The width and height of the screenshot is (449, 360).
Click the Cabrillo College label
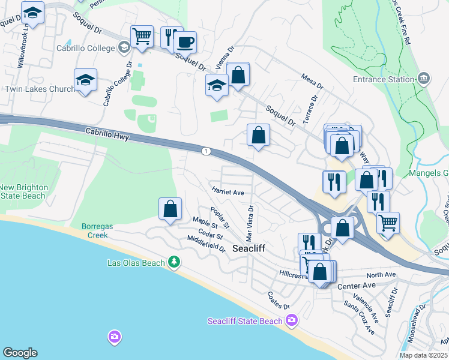85,48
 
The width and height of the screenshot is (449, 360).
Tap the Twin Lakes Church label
40,89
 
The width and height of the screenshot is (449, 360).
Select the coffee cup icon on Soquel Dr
185,42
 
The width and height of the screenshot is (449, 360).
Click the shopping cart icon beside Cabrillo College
142,35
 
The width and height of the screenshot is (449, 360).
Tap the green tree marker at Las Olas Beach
174,262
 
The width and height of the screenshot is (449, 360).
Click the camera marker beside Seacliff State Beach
292,320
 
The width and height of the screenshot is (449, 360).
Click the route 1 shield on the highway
206,151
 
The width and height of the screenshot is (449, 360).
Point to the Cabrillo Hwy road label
107,133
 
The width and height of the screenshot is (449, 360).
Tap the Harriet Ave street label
228,192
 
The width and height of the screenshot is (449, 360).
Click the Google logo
20,353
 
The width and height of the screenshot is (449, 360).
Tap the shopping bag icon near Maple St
170,209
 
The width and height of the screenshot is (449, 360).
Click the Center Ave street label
351,287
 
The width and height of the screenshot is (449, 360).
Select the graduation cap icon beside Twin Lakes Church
86,80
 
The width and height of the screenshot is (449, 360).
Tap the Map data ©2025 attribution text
423,355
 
